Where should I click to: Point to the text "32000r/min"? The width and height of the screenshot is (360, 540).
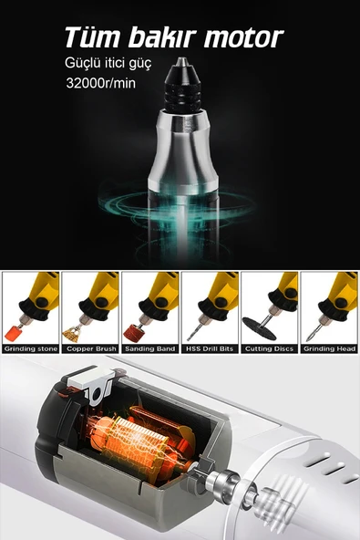point(101,83)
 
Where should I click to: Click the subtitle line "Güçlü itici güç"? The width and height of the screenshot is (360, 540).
point(108,63)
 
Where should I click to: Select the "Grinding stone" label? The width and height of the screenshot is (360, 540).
point(30,348)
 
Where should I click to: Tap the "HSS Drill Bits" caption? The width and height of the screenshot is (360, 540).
point(209,348)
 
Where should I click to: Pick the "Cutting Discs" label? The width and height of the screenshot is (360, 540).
point(268,348)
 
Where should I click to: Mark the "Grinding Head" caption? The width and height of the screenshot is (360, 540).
point(328,348)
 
